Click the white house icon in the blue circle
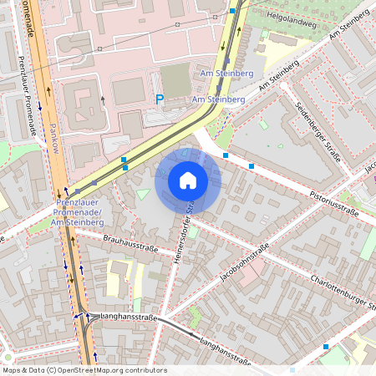(188, 180)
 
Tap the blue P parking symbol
(159, 99)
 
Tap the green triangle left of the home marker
(143, 195)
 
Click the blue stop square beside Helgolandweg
(232, 11)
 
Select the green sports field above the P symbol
(175, 79)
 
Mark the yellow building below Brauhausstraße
(119, 272)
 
